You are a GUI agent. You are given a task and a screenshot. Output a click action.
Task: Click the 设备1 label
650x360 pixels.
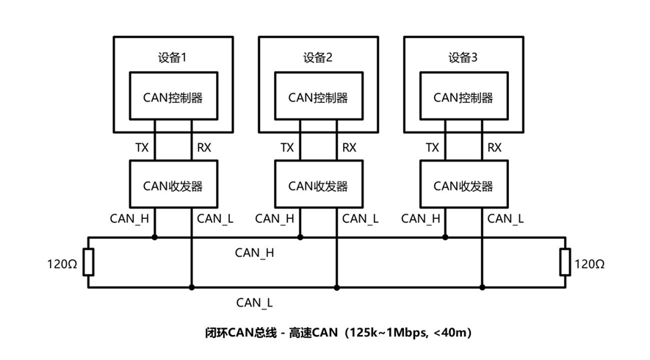pos(172,58)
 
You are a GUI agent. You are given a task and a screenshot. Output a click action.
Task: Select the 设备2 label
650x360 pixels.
pos(317,58)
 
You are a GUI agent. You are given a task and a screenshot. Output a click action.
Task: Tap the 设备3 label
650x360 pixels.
pos(463,58)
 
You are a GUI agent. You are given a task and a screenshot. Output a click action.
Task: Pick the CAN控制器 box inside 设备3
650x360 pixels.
pos(463,97)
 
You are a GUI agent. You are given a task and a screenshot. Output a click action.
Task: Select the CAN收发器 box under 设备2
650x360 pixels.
pos(317,185)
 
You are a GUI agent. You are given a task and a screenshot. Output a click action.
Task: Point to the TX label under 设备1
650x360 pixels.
pos(142,148)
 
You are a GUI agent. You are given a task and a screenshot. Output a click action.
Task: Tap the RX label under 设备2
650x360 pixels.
pos(349,148)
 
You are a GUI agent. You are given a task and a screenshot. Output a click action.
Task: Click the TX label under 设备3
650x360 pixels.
pos(433,148)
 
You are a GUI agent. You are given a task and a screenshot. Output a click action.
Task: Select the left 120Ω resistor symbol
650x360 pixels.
pos(88,262)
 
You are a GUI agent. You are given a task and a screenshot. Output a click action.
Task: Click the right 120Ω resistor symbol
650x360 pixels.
pos(565,262)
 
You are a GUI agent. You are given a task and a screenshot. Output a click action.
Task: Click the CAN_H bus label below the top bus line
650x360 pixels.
pos(255,253)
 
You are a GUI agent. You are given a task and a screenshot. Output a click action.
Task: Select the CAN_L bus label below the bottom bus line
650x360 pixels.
pos(255,301)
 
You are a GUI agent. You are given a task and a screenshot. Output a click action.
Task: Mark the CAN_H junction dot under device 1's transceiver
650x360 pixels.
pos(154,237)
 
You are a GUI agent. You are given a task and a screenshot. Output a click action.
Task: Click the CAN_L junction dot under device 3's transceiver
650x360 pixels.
pos(482,287)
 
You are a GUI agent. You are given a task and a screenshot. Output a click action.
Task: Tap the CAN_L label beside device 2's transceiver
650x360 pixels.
pos(360,218)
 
